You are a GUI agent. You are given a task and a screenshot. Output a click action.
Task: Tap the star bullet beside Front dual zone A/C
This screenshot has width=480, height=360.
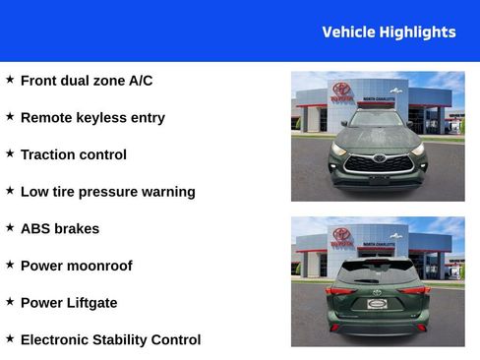pos(10,80)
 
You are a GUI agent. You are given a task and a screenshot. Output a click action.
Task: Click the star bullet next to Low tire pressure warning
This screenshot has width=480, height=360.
pos(10,191)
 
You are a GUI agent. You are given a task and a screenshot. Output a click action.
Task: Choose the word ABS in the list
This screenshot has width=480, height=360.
pos(35,228)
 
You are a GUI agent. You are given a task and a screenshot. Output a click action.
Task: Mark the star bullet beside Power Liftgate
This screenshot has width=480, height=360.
pos(10,302)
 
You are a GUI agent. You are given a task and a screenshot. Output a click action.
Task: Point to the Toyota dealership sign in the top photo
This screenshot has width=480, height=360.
pos(341,90)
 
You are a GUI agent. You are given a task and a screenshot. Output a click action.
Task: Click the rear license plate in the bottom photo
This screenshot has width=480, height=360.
pos(377,304)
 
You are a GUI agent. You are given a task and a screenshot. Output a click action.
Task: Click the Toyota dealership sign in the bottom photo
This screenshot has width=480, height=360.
pos(341,236)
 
